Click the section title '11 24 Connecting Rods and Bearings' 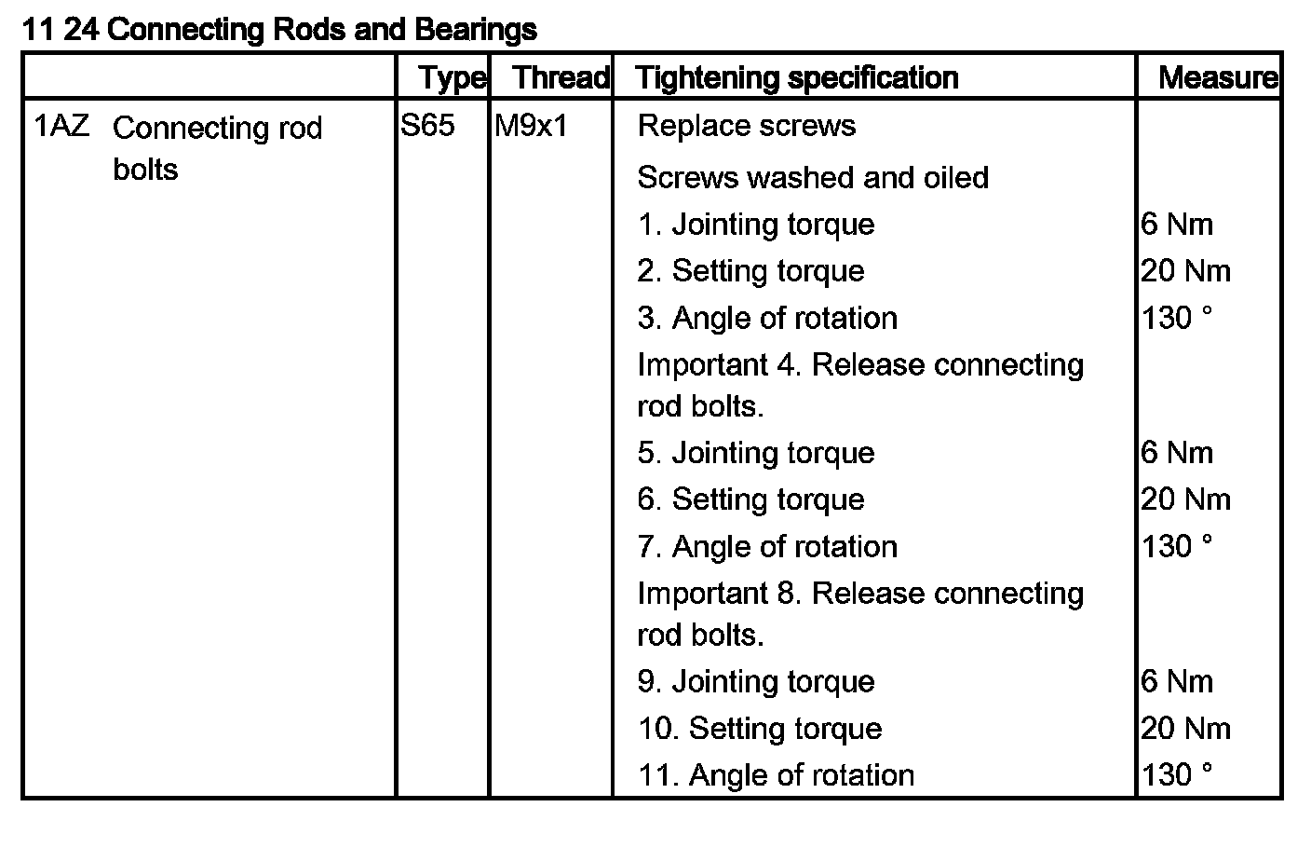click(278, 30)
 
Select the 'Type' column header click(452, 77)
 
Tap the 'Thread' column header click(561, 77)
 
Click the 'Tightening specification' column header click(797, 77)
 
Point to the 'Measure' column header click(1217, 77)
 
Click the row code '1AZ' click(61, 126)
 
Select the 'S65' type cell click(428, 126)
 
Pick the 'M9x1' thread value click(531, 126)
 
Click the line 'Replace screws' click(746, 126)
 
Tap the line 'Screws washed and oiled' click(812, 177)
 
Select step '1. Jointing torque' click(756, 225)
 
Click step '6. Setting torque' click(750, 499)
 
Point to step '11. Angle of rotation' click(776, 775)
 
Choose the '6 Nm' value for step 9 click(1177, 682)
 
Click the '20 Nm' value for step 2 click(1185, 271)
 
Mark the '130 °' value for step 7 click(1177, 546)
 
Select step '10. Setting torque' click(760, 729)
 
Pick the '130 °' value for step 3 click(1177, 318)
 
